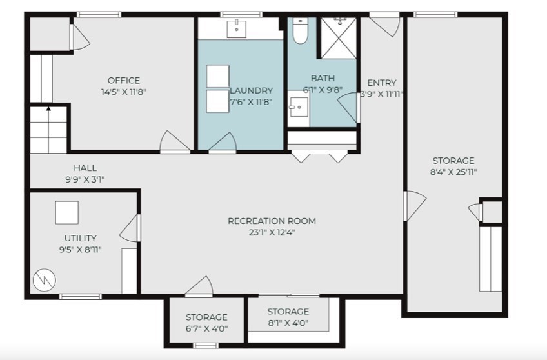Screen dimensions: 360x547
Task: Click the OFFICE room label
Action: [123, 81]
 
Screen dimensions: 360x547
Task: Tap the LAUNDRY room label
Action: [252, 91]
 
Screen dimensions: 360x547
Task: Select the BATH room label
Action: [323, 79]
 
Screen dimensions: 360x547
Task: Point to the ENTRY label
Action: [381, 83]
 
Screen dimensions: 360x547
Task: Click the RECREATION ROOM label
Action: [272, 221]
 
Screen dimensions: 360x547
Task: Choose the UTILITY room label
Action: [81, 238]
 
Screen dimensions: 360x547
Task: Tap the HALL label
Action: [85, 168]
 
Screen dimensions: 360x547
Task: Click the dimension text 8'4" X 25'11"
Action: [453, 172]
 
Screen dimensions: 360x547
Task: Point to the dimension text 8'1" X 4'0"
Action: [288, 323]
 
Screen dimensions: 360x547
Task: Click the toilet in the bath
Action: [301, 31]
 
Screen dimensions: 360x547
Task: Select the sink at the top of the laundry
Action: [237, 28]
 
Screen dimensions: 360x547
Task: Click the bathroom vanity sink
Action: [298, 108]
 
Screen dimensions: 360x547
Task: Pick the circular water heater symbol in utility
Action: [45, 279]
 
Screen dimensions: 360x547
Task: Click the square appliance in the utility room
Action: [66, 212]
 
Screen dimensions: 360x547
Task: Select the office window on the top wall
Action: [99, 14]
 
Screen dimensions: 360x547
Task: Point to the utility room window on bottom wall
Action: [81, 297]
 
